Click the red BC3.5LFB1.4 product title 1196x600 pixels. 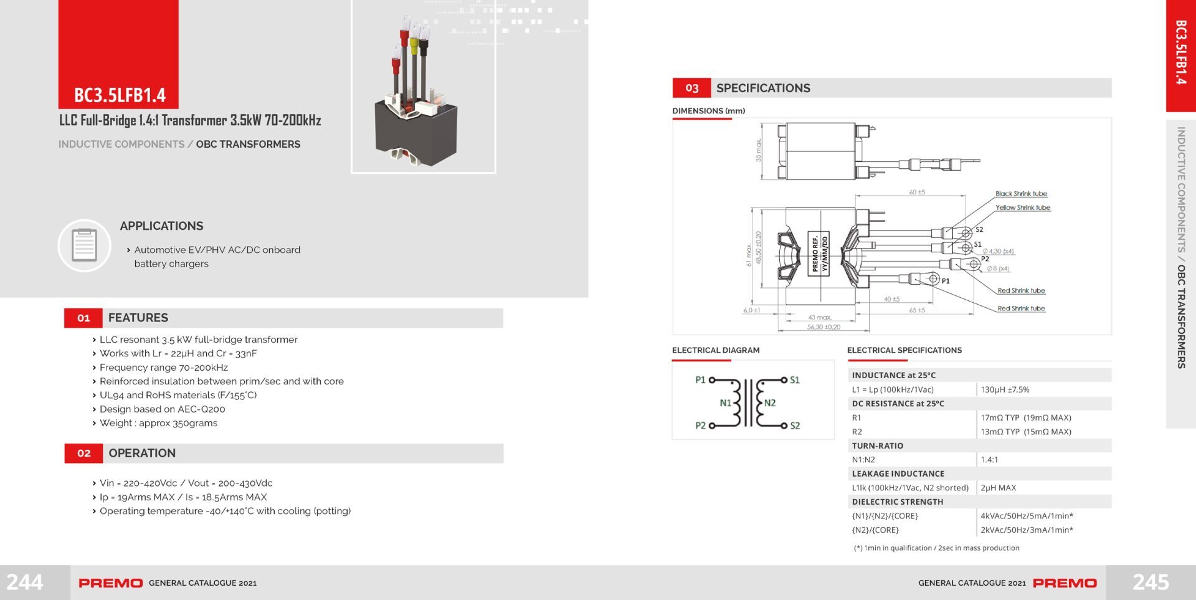point(120,95)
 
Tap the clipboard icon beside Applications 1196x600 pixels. point(84,245)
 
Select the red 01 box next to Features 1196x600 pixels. point(83,318)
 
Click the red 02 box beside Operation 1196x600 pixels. point(83,454)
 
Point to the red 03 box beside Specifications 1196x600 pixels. point(691,88)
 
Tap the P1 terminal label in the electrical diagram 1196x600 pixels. point(700,379)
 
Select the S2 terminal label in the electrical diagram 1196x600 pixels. point(795,426)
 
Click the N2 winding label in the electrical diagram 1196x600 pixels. point(770,403)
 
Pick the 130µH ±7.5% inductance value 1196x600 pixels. point(1005,389)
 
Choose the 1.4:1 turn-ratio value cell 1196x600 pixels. point(989,460)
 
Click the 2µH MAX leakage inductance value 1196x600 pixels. point(998,488)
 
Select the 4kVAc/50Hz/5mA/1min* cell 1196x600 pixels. point(1027,516)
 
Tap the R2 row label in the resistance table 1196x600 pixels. point(857,432)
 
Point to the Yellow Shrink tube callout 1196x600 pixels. point(1023,207)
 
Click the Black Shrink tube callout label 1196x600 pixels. point(1021,194)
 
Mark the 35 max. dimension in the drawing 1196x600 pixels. point(758,151)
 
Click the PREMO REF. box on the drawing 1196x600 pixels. point(819,254)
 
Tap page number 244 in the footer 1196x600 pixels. point(25,582)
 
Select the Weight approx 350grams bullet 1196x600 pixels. point(158,423)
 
